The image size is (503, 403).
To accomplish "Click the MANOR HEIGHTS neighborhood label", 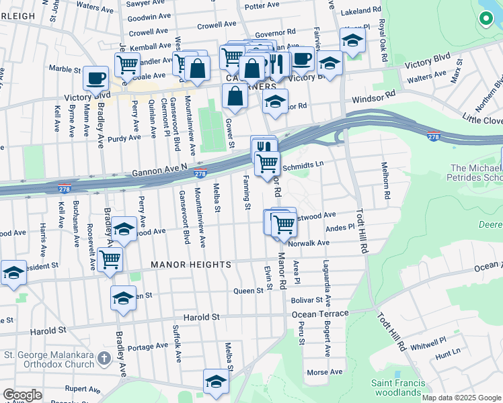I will pyautogui.click(x=191, y=265).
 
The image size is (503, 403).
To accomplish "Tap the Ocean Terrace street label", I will pyautogui.click(x=320, y=314).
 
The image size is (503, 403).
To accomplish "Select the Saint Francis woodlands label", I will pyautogui.click(x=397, y=388).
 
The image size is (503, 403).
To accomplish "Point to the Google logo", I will pyautogui.click(x=22, y=395).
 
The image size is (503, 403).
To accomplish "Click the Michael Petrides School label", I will pyautogui.click(x=476, y=173).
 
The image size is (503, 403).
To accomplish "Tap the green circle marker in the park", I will pyautogui.click(x=485, y=19).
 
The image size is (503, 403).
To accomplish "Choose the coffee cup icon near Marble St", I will pyautogui.click(x=95, y=78).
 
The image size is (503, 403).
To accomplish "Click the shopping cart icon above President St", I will pyautogui.click(x=110, y=259).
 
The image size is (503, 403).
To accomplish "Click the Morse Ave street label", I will pyautogui.click(x=324, y=372).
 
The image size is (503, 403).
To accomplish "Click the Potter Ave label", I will pyautogui.click(x=262, y=6).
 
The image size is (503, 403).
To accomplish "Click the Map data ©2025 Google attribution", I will pyautogui.click(x=461, y=398).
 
